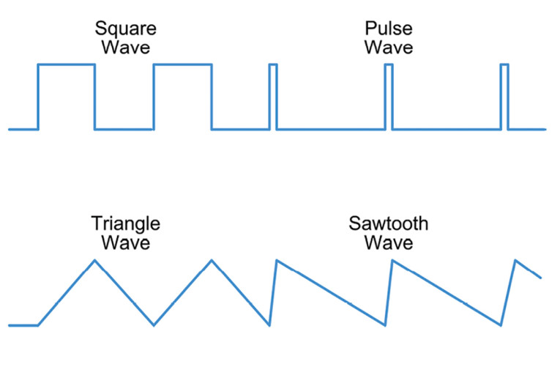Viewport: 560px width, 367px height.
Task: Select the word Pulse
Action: click(389, 30)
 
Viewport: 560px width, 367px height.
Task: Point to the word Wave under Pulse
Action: click(389, 48)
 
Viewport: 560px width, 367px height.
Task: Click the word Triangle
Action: click(126, 223)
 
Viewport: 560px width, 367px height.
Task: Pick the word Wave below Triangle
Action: click(126, 242)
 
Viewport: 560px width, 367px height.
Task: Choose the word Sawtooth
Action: click(389, 223)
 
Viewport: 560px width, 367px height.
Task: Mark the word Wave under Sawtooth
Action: click(389, 242)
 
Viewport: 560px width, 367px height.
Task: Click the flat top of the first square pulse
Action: click(66, 64)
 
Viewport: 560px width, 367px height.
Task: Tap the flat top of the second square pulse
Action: click(182, 64)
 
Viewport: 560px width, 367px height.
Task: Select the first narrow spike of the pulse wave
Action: click(273, 65)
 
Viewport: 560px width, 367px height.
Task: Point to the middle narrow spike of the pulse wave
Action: click(389, 65)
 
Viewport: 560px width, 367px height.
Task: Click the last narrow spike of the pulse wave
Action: click(504, 65)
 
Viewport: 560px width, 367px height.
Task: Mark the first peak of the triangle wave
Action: click(94, 260)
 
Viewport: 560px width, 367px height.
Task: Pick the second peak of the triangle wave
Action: click(212, 260)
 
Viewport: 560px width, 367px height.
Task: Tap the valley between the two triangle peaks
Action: click(154, 325)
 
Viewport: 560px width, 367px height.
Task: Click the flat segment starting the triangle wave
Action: click(23, 325)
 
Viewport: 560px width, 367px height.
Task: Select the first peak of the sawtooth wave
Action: click(276, 260)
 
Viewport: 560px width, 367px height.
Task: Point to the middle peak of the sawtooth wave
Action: click(392, 260)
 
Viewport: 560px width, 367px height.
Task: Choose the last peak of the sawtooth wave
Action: click(516, 260)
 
